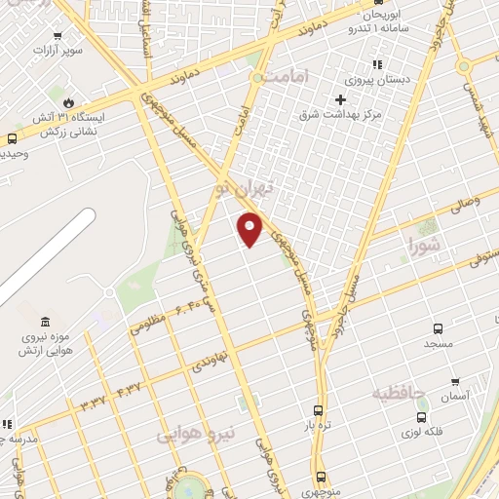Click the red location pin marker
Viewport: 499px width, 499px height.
[250, 228]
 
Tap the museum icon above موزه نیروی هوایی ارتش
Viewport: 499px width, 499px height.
[46, 323]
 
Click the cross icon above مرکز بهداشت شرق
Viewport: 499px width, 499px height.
[340, 98]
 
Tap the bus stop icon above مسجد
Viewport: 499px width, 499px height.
[438, 328]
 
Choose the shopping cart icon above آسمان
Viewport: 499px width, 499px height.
[454, 380]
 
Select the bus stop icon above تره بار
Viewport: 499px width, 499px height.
[318, 410]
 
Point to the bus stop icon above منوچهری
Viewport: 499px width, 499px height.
[321, 476]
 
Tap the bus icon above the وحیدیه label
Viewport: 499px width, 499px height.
[11, 138]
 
